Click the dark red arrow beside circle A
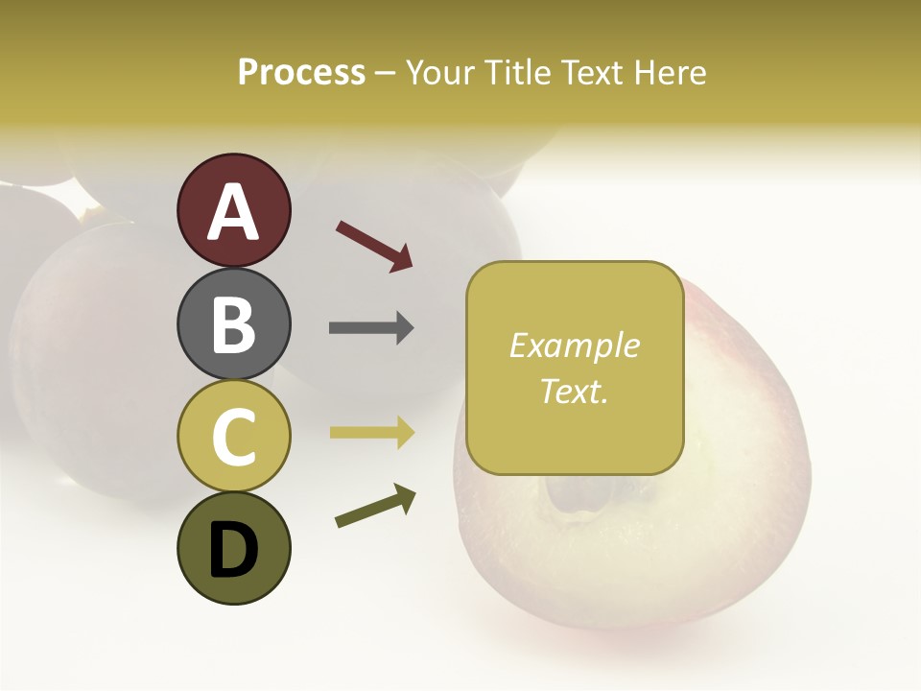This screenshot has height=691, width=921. click(x=374, y=246)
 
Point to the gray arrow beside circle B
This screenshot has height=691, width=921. click(x=371, y=328)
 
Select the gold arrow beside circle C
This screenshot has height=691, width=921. click(x=371, y=433)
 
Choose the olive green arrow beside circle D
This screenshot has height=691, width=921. click(x=375, y=506)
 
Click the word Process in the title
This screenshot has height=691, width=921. click(x=301, y=72)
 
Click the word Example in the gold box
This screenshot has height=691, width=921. click(x=575, y=345)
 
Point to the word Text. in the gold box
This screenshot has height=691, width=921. click(x=575, y=391)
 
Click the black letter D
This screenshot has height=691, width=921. click(x=233, y=551)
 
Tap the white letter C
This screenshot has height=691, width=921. click(x=233, y=438)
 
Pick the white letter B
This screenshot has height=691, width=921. click(x=233, y=324)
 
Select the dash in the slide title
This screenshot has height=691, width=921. click(x=386, y=73)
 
